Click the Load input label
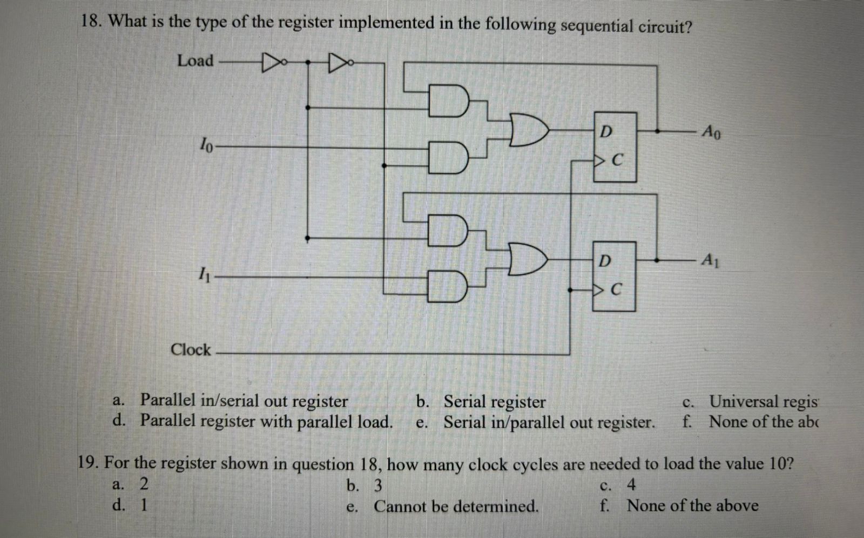tap(195, 60)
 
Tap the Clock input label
tap(191, 349)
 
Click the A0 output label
tap(711, 131)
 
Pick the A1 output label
tap(710, 260)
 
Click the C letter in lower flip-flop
tap(618, 290)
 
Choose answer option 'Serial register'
tap(494, 402)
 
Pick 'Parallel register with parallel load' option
tap(266, 421)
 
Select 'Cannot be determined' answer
tap(456, 507)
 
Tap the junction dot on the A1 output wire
tap(657, 260)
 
